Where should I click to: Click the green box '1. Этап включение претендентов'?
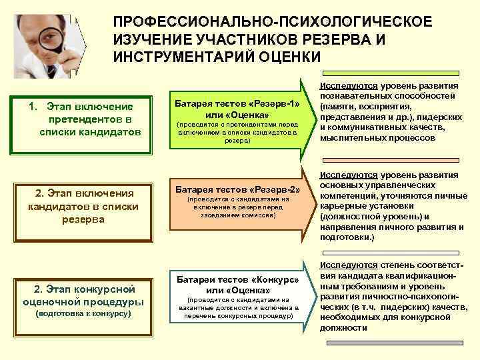81,119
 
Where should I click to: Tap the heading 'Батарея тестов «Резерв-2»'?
237,189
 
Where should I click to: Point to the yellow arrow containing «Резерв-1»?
237,120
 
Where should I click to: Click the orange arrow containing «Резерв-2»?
237,203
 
